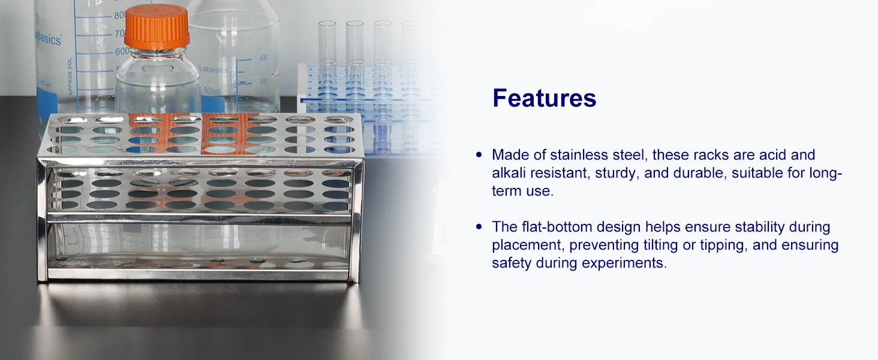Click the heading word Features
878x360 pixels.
tap(544, 98)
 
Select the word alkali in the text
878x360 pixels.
tap(509, 173)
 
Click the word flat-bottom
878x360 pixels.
tap(557, 227)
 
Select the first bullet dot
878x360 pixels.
tap(479, 155)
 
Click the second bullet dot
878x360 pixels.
tap(479, 227)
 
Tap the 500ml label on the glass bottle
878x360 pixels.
tap(212, 91)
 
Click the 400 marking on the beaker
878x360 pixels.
tap(263, 58)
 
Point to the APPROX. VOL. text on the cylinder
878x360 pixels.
tap(70, 75)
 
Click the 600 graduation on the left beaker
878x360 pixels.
tap(121, 52)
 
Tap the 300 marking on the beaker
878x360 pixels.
tap(263, 81)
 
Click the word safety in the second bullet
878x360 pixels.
tap(512, 263)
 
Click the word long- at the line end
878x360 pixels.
tap(825, 173)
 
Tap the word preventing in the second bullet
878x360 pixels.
tap(604, 245)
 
